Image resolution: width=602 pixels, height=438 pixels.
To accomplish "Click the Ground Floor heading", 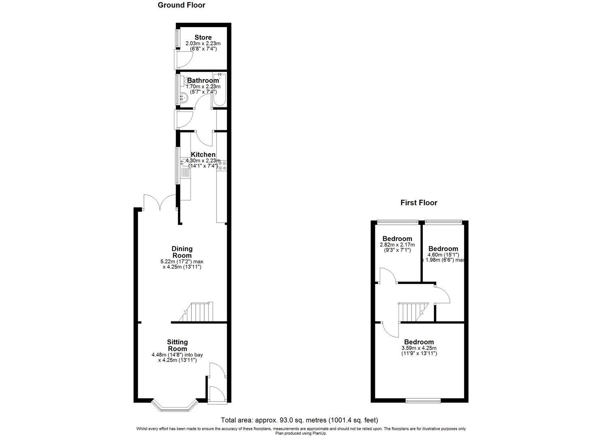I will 181,5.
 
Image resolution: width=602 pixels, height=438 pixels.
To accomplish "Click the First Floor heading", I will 419,203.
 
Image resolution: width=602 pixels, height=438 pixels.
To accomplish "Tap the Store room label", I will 203,37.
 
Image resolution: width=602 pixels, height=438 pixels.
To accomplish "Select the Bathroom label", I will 203,80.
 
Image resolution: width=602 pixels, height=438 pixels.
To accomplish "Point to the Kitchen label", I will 203,155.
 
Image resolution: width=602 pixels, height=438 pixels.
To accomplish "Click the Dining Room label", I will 182,252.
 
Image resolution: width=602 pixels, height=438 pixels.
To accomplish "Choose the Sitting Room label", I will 178,345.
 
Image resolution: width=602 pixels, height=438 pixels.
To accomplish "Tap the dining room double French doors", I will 159,202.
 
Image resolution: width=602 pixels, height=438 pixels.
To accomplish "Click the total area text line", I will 299,420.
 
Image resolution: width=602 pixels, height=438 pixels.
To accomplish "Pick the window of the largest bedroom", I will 423,401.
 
